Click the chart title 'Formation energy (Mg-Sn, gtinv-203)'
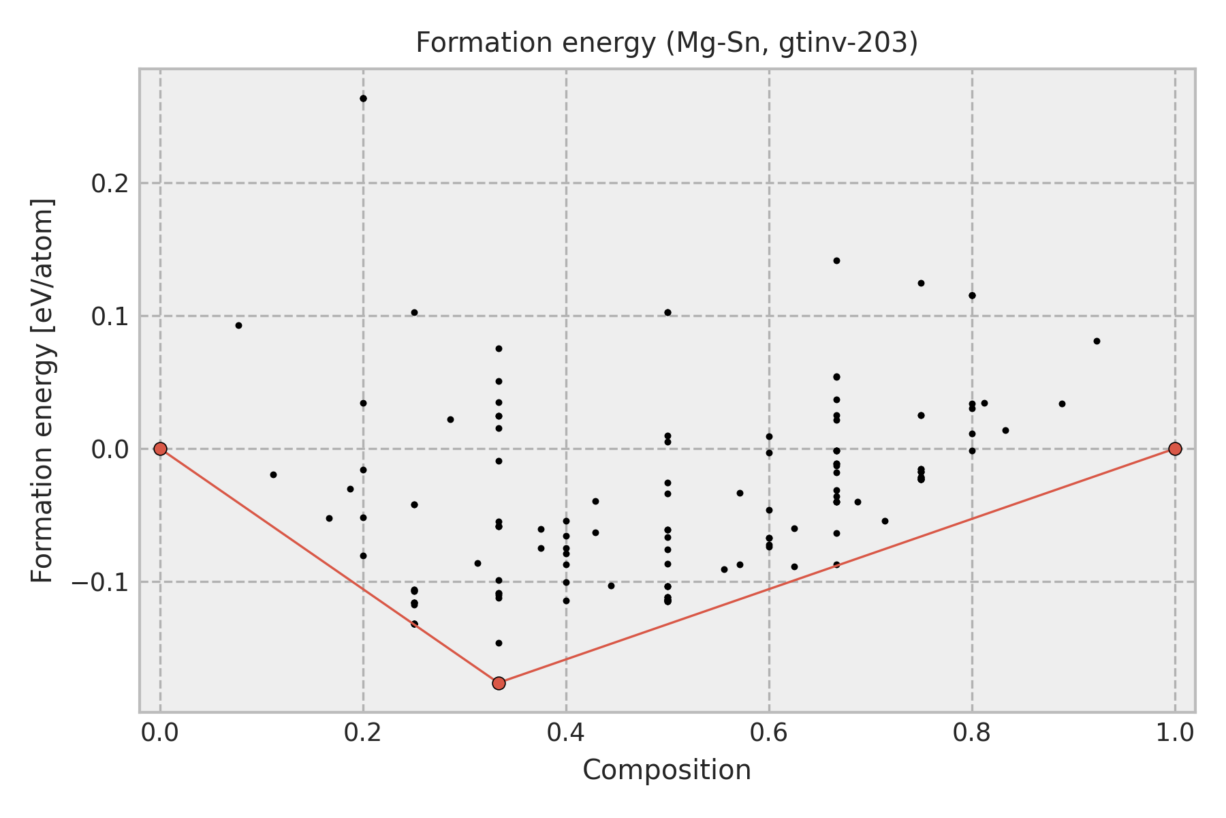(667, 44)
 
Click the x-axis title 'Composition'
(667, 770)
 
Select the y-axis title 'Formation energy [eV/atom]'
(42, 391)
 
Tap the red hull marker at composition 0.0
(160, 449)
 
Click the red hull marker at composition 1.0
(1175, 449)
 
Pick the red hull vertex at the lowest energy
(499, 683)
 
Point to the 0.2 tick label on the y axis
(111, 183)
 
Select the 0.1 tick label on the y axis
(111, 316)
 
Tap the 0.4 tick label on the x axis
(566, 733)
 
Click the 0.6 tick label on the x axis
(769, 733)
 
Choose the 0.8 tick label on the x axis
(972, 733)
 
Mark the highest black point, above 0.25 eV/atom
(363, 98)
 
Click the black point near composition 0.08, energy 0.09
(238, 325)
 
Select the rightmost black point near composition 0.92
(1097, 341)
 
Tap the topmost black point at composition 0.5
(667, 312)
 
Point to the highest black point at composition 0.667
(836, 260)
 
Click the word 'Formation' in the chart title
(456, 44)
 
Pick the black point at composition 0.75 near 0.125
(921, 283)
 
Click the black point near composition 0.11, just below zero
(273, 474)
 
